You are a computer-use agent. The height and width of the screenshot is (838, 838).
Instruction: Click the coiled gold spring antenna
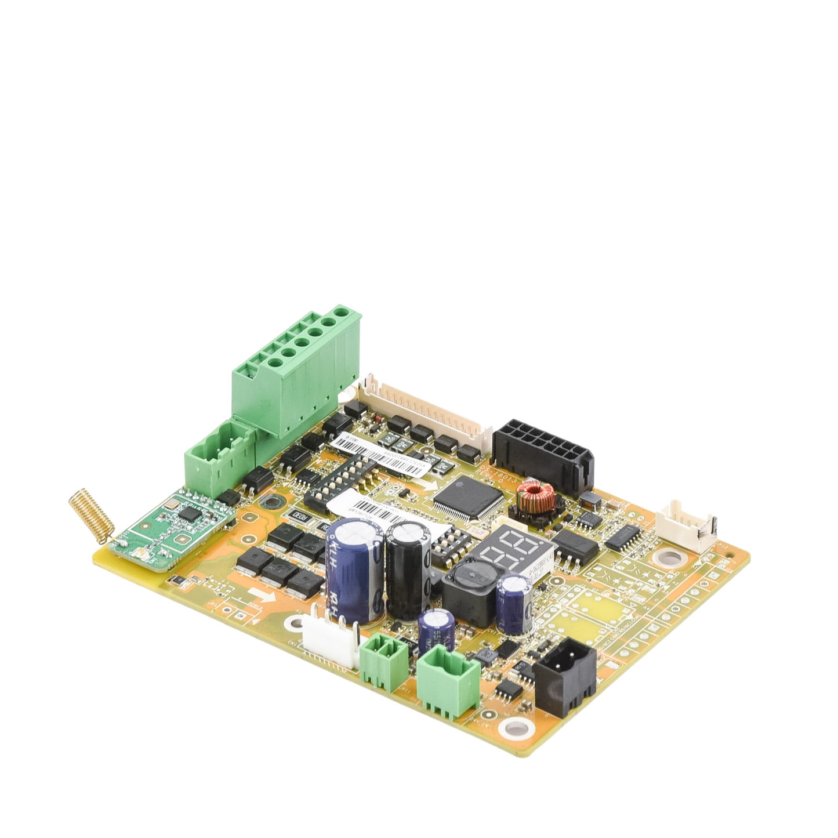pyautogui.click(x=90, y=516)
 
